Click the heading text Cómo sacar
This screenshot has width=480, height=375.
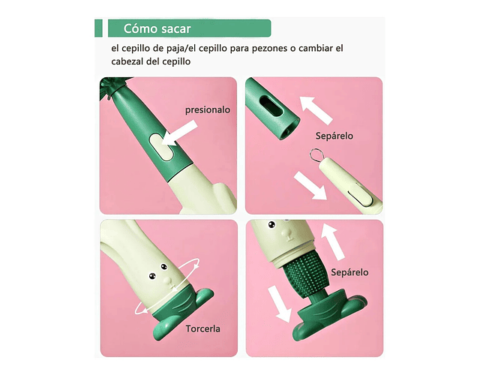click(x=157, y=28)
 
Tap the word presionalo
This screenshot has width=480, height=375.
click(x=208, y=110)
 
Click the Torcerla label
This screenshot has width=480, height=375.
click(x=202, y=328)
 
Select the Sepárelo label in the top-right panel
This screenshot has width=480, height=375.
click(x=334, y=136)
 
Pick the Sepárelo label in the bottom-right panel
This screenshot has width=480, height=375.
click(x=349, y=272)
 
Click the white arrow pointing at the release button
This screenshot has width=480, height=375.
click(x=180, y=132)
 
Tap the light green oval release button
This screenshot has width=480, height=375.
click(x=161, y=146)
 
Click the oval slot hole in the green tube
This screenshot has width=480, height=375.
click(x=270, y=106)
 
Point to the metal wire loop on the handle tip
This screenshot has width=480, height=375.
click(x=316, y=154)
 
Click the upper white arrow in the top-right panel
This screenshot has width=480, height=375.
click(x=315, y=110)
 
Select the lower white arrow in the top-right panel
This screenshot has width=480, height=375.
click(x=310, y=185)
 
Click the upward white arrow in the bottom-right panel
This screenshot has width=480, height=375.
click(x=334, y=241)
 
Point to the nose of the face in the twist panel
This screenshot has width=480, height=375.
click(x=166, y=280)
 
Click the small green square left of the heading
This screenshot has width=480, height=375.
click(x=98, y=28)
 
